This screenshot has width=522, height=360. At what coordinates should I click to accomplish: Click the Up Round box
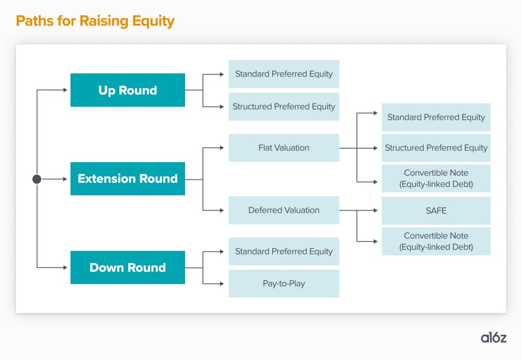point(127,90)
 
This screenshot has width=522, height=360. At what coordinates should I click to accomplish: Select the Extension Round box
point(127,178)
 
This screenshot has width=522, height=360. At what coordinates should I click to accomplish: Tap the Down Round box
point(127,267)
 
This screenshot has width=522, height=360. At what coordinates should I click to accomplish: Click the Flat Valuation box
point(283,148)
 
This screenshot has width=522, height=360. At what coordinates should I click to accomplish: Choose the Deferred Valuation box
point(283,210)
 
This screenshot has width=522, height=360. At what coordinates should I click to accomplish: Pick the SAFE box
point(436,211)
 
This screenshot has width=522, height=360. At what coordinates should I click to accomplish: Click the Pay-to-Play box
point(283,284)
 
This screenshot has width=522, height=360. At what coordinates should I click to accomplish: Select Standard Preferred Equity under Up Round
point(283,74)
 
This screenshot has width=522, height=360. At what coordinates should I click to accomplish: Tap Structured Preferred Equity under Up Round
point(283,107)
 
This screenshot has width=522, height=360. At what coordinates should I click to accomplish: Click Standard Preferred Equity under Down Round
point(283,251)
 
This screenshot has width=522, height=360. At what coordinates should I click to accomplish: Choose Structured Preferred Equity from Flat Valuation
point(436,148)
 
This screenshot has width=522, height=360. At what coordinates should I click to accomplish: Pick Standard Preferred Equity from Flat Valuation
point(436,117)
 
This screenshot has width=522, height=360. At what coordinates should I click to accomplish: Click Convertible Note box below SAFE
point(436,241)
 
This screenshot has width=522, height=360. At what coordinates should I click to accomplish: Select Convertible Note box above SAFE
point(436,178)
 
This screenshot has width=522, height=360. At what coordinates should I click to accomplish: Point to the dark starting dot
point(37,179)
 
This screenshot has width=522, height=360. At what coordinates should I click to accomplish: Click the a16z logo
point(493,338)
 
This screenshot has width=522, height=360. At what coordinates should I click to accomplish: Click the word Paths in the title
point(35,20)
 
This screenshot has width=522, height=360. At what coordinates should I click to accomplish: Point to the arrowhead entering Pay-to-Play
point(222,284)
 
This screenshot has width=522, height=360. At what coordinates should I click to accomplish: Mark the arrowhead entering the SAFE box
point(376,211)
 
